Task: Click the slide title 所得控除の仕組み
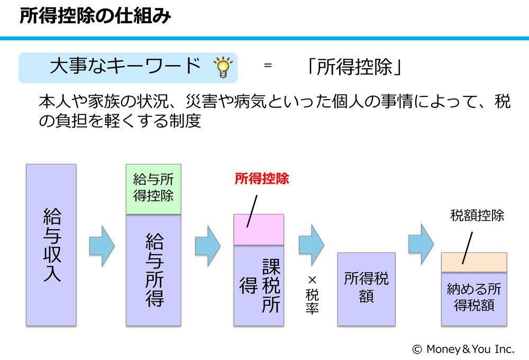click(x=95, y=15)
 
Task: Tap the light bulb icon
click(x=223, y=67)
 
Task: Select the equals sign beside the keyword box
click(x=268, y=65)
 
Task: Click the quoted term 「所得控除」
click(x=353, y=67)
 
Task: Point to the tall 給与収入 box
click(x=51, y=245)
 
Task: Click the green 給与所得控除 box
click(x=153, y=189)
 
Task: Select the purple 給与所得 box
click(x=153, y=270)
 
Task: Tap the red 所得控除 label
click(x=262, y=178)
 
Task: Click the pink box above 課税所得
click(x=259, y=229)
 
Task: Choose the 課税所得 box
click(x=259, y=285)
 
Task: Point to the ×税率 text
click(x=313, y=295)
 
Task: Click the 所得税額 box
click(x=367, y=289)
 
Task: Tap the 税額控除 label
click(x=477, y=215)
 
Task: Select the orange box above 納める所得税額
click(x=474, y=263)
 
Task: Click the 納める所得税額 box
click(x=474, y=299)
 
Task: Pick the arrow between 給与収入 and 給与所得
click(x=102, y=246)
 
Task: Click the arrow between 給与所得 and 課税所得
click(x=208, y=246)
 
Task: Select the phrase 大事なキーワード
click(x=125, y=66)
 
